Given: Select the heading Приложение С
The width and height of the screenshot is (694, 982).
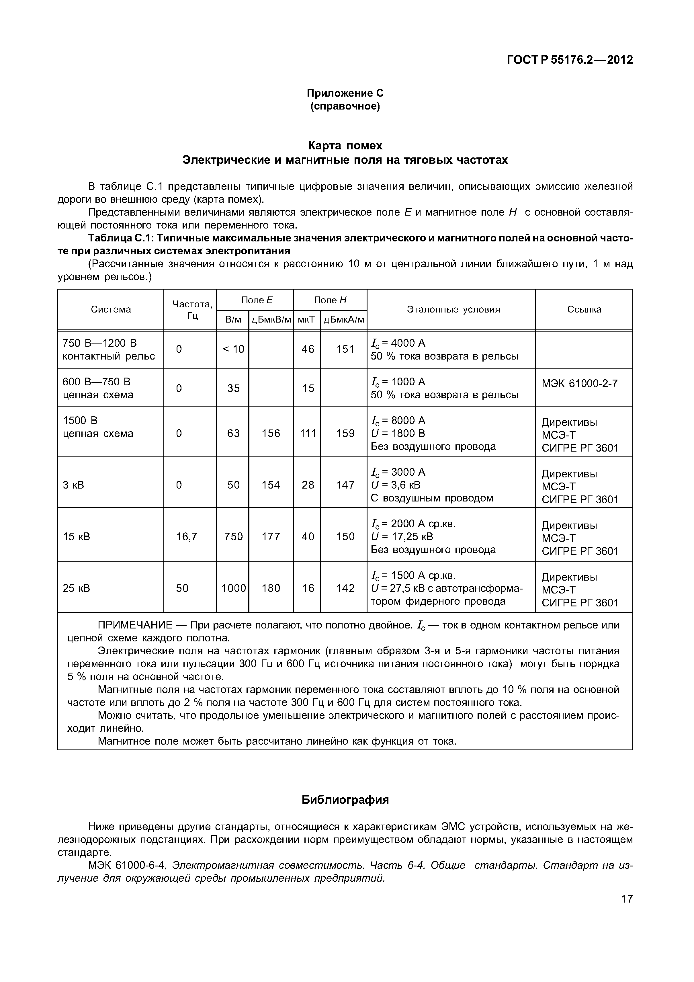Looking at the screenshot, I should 345,93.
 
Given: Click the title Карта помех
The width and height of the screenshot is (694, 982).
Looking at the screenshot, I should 345,146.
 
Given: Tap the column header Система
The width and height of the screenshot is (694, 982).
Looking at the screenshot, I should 111,309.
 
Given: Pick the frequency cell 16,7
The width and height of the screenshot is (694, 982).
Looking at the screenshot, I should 187,536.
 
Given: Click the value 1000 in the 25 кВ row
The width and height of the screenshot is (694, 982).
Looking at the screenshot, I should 233,588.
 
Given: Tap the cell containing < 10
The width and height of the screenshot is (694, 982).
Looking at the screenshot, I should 233,349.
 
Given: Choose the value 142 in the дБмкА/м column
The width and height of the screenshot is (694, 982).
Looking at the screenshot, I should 345,588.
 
